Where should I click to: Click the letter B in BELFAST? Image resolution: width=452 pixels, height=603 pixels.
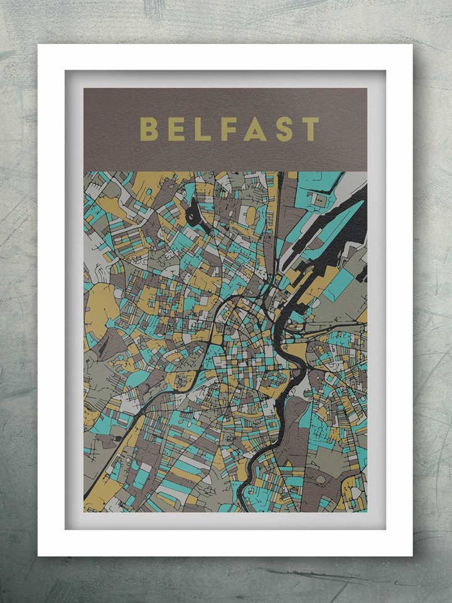tap(148, 129)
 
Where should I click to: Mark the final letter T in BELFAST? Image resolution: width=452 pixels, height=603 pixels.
tap(311, 129)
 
